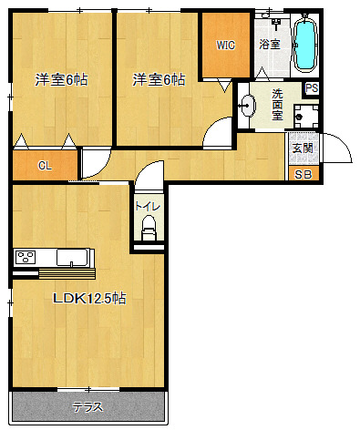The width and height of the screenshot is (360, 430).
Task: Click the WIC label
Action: [225, 46]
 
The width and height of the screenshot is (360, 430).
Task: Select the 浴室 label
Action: [270, 45]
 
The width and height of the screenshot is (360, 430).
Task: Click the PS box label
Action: [312, 88]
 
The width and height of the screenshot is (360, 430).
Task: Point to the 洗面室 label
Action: [277, 105]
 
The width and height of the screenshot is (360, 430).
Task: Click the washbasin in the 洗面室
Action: [248, 106]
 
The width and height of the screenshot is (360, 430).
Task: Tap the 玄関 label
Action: [303, 148]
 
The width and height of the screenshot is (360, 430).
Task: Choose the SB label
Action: [303, 175]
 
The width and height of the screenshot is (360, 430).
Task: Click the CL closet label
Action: [45, 166]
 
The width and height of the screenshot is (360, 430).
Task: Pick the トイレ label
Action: [148, 207]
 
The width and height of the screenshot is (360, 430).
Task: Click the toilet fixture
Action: [149, 228]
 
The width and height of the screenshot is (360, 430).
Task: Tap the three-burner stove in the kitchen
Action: [26, 257]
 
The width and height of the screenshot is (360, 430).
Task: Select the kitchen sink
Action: [73, 257]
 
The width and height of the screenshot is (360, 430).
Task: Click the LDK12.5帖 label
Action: [89, 299]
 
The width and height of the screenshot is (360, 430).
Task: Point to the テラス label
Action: [87, 407]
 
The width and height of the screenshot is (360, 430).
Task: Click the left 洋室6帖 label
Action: [61, 80]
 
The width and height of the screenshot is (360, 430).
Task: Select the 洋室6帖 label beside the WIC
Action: [159, 80]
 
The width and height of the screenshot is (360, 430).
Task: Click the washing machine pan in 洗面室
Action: [306, 117]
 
